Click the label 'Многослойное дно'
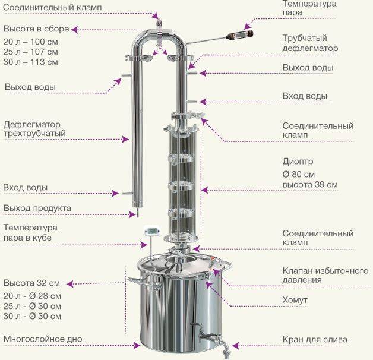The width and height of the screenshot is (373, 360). tap(43, 339)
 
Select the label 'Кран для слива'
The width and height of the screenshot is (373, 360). tap(315, 339)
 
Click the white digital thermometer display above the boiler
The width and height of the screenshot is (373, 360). tap(151, 231)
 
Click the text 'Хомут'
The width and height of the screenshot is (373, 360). tap(295, 300)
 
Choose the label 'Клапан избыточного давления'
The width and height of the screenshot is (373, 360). tap(325, 275)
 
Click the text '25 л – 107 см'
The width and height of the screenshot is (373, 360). tap(31, 52)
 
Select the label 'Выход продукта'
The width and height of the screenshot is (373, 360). tap(37, 208)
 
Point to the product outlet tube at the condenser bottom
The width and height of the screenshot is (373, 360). tap(137, 213)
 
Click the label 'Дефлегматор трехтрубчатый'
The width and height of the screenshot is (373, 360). tap(34, 129)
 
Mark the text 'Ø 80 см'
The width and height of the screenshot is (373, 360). tap(299, 174)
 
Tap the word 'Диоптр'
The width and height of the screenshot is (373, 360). tap(298, 162)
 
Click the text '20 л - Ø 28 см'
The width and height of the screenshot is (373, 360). tap(32, 296)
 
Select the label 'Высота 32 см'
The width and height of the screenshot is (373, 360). tap(31, 283)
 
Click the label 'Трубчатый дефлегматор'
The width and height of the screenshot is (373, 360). tap(310, 43)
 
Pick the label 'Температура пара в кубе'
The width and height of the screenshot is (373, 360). tap(30, 232)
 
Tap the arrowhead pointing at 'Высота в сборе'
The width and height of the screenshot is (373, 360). tap(74, 30)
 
